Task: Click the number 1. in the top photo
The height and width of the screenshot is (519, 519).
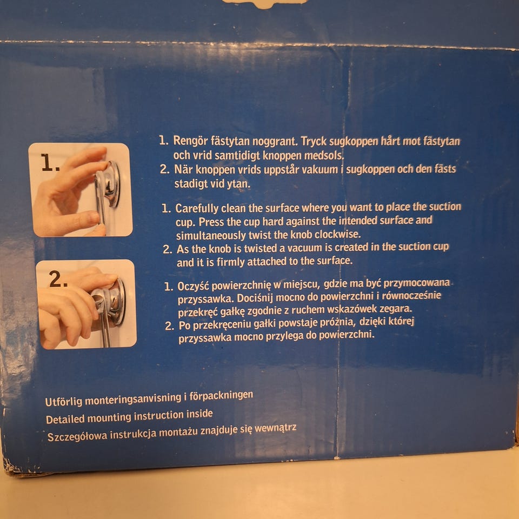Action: click(50, 163)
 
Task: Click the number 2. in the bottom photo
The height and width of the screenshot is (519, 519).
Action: click(58, 279)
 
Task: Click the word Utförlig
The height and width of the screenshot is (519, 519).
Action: click(63, 402)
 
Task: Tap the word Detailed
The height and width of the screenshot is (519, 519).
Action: click(65, 419)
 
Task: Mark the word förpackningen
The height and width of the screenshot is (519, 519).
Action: click(221, 396)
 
